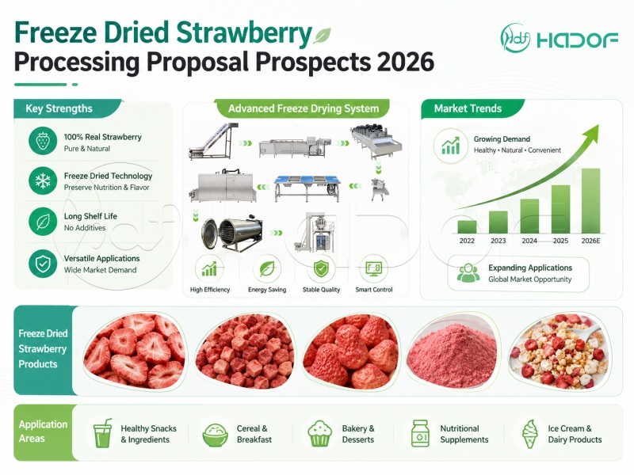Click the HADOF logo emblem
[514, 38]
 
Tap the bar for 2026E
[590, 201]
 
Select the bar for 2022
[467, 226]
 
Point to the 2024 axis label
[529, 241]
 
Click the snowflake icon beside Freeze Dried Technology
[43, 181]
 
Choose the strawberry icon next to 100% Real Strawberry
[43, 142]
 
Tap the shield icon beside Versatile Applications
[43, 264]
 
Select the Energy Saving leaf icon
[267, 269]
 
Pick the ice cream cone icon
[530, 434]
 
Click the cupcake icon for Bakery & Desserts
[319, 434]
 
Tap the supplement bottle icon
[420, 433]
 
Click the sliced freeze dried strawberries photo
[135, 351]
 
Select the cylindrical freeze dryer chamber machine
[231, 234]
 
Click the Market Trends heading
[468, 108]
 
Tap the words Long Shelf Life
[90, 216]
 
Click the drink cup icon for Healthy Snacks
[102, 433]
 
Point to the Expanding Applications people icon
[468, 273]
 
